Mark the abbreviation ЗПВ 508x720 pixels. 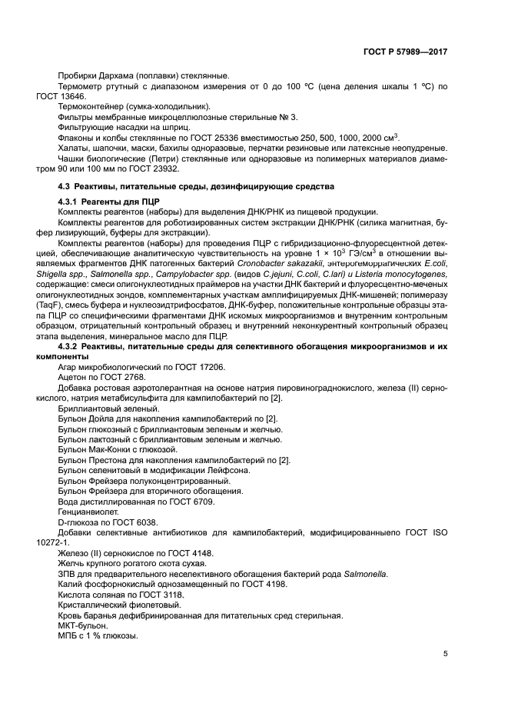pyautogui.click(x=67, y=574)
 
